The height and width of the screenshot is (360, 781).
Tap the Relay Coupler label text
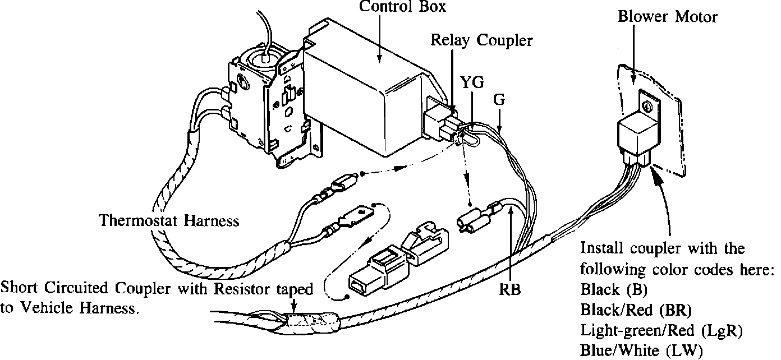coord(481,40)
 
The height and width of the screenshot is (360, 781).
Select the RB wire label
coord(510,290)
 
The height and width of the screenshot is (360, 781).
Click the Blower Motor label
coord(667,17)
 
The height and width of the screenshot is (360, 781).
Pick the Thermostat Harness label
coord(169,221)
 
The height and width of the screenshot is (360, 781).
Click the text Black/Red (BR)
coord(636,310)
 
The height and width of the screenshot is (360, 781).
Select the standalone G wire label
coord(500,100)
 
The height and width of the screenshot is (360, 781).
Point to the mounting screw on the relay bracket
coord(647,104)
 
